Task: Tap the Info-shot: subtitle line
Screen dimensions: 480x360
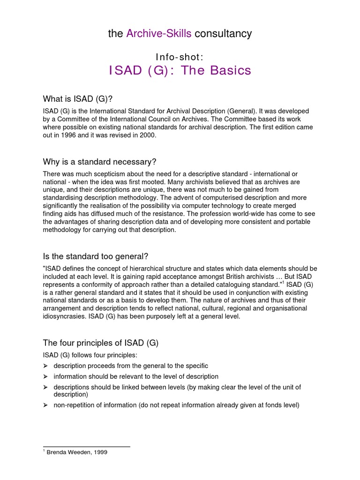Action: click(x=180, y=57)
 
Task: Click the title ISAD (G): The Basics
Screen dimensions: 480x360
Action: click(x=180, y=71)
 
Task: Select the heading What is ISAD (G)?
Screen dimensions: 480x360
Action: click(x=78, y=98)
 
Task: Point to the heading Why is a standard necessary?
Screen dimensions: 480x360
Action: click(x=99, y=162)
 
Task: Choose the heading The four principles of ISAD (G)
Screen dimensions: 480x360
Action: click(x=101, y=343)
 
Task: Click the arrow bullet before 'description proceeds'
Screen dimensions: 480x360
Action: click(x=45, y=366)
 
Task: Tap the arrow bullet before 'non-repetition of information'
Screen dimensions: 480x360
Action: click(x=45, y=405)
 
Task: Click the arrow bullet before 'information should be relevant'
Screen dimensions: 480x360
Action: click(x=45, y=376)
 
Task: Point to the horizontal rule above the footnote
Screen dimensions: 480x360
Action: click(x=86, y=447)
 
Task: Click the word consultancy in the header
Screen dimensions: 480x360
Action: click(x=223, y=34)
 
